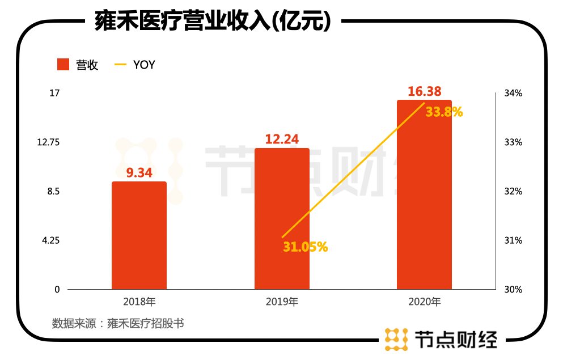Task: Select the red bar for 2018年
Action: click(x=139, y=235)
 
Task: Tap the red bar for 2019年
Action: click(x=282, y=218)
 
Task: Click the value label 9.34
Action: click(x=139, y=173)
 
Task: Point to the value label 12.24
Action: click(x=282, y=139)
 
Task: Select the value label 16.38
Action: click(x=424, y=91)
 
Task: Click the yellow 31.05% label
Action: click(x=305, y=247)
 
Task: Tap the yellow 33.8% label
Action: click(x=445, y=112)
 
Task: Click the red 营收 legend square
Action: click(x=64, y=65)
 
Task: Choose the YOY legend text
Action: click(x=144, y=65)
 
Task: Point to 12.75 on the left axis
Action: click(x=48, y=142)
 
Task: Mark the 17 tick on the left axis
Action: click(x=54, y=93)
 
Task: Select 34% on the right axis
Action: click(x=514, y=93)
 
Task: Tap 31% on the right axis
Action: click(x=514, y=240)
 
